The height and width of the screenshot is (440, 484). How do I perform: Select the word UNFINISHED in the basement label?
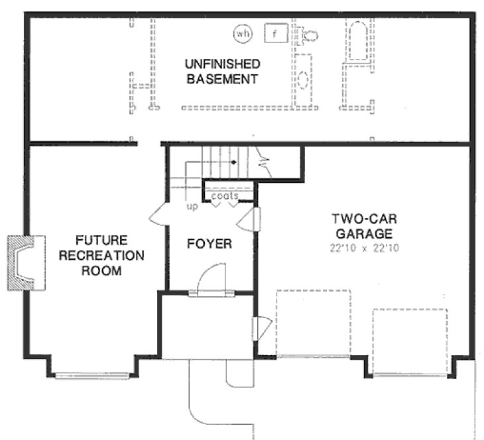pyautogui.click(x=221, y=64)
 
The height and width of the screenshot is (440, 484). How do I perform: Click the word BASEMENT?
pyautogui.click(x=221, y=80)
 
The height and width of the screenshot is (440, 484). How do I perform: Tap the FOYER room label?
pyautogui.click(x=209, y=245)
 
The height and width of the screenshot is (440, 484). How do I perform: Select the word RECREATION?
pyautogui.click(x=100, y=255)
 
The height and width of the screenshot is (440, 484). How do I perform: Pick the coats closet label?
pyautogui.click(x=225, y=196)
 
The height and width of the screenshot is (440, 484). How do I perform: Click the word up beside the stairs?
pyautogui.click(x=190, y=206)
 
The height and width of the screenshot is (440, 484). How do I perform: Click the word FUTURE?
pyautogui.click(x=100, y=240)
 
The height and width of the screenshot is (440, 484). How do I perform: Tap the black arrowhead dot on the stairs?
pyautogui.click(x=233, y=161)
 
